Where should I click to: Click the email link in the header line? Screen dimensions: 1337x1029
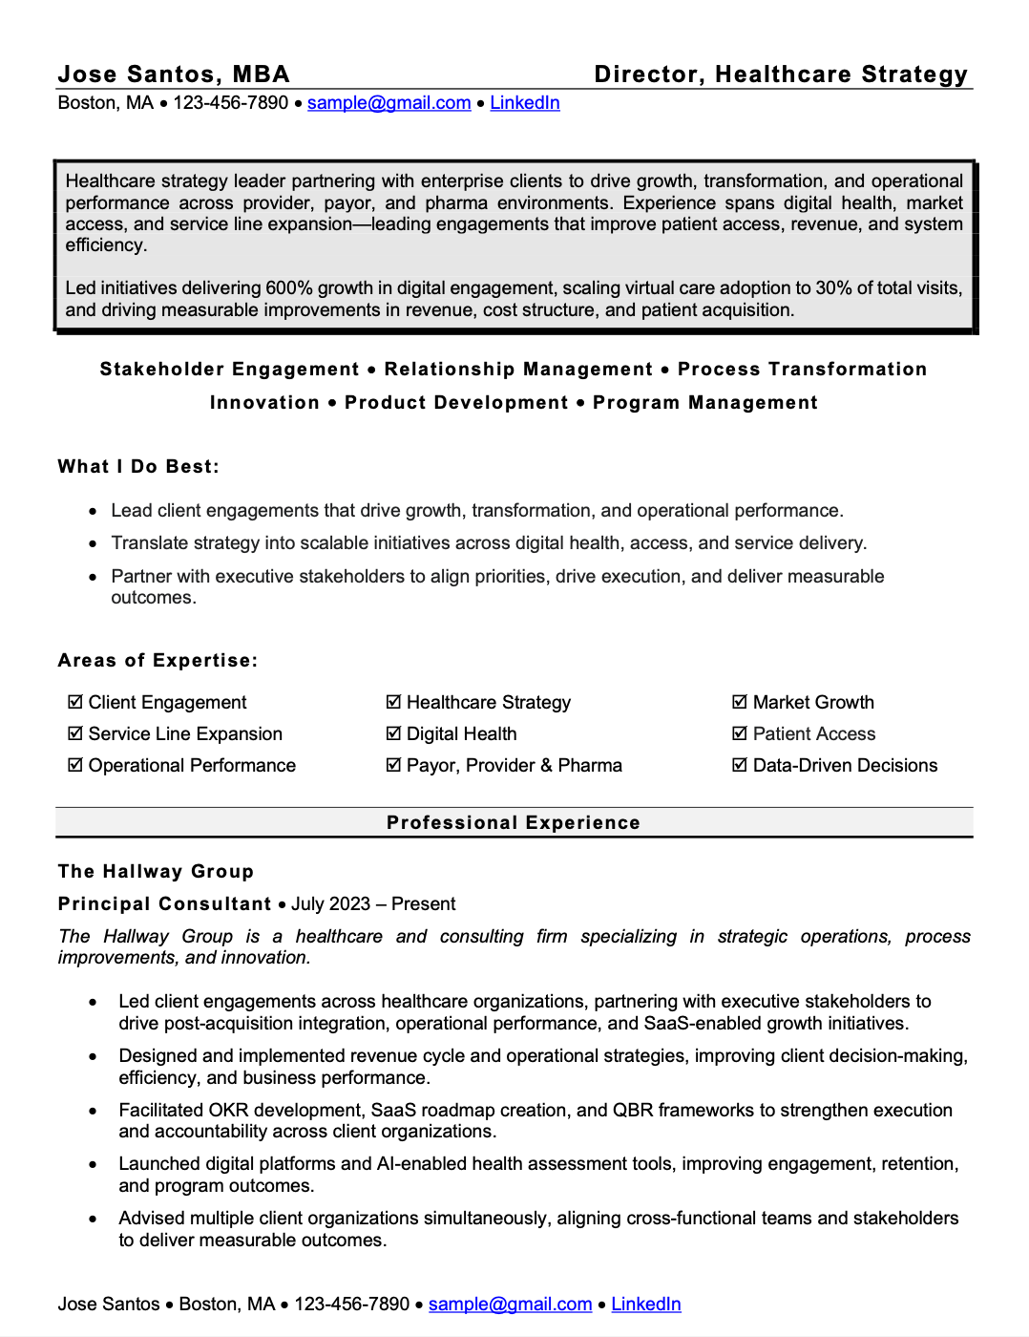click(388, 103)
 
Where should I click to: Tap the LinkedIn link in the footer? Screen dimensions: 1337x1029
click(645, 1305)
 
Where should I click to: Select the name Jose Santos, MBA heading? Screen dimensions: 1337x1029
click(174, 74)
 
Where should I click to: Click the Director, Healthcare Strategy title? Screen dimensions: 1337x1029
click(780, 74)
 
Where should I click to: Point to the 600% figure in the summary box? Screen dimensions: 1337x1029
click(288, 288)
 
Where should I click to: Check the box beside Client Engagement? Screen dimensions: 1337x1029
click(75, 702)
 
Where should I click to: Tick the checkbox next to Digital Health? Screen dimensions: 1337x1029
click(393, 733)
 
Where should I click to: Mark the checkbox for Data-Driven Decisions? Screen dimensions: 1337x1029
click(740, 765)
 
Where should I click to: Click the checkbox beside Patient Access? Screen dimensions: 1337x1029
click(740, 733)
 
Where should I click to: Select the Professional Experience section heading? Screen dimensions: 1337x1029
click(514, 823)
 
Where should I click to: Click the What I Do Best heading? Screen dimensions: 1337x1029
click(138, 467)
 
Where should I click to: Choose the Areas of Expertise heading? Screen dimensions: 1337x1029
click(157, 661)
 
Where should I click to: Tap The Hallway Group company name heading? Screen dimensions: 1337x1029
click(156, 872)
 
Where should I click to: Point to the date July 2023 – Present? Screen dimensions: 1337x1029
click(373, 904)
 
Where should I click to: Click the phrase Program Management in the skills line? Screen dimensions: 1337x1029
click(704, 403)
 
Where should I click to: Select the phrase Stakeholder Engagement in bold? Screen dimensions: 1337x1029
click(229, 370)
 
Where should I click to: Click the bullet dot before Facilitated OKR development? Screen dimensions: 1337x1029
click(93, 1112)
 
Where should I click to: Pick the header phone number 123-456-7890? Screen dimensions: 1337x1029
click(230, 103)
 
